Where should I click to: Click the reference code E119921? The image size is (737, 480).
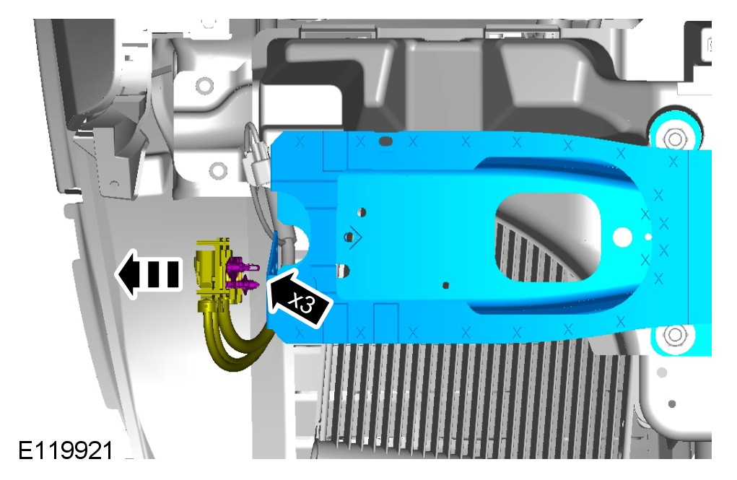[x=66, y=450]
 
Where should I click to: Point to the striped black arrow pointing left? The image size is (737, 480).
[x=149, y=274]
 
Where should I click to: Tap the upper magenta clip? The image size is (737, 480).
[x=242, y=267]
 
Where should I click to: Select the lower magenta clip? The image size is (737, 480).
[x=242, y=284]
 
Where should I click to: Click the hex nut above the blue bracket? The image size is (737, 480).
[x=675, y=139]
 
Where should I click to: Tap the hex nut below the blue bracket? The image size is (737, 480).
[x=675, y=335]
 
